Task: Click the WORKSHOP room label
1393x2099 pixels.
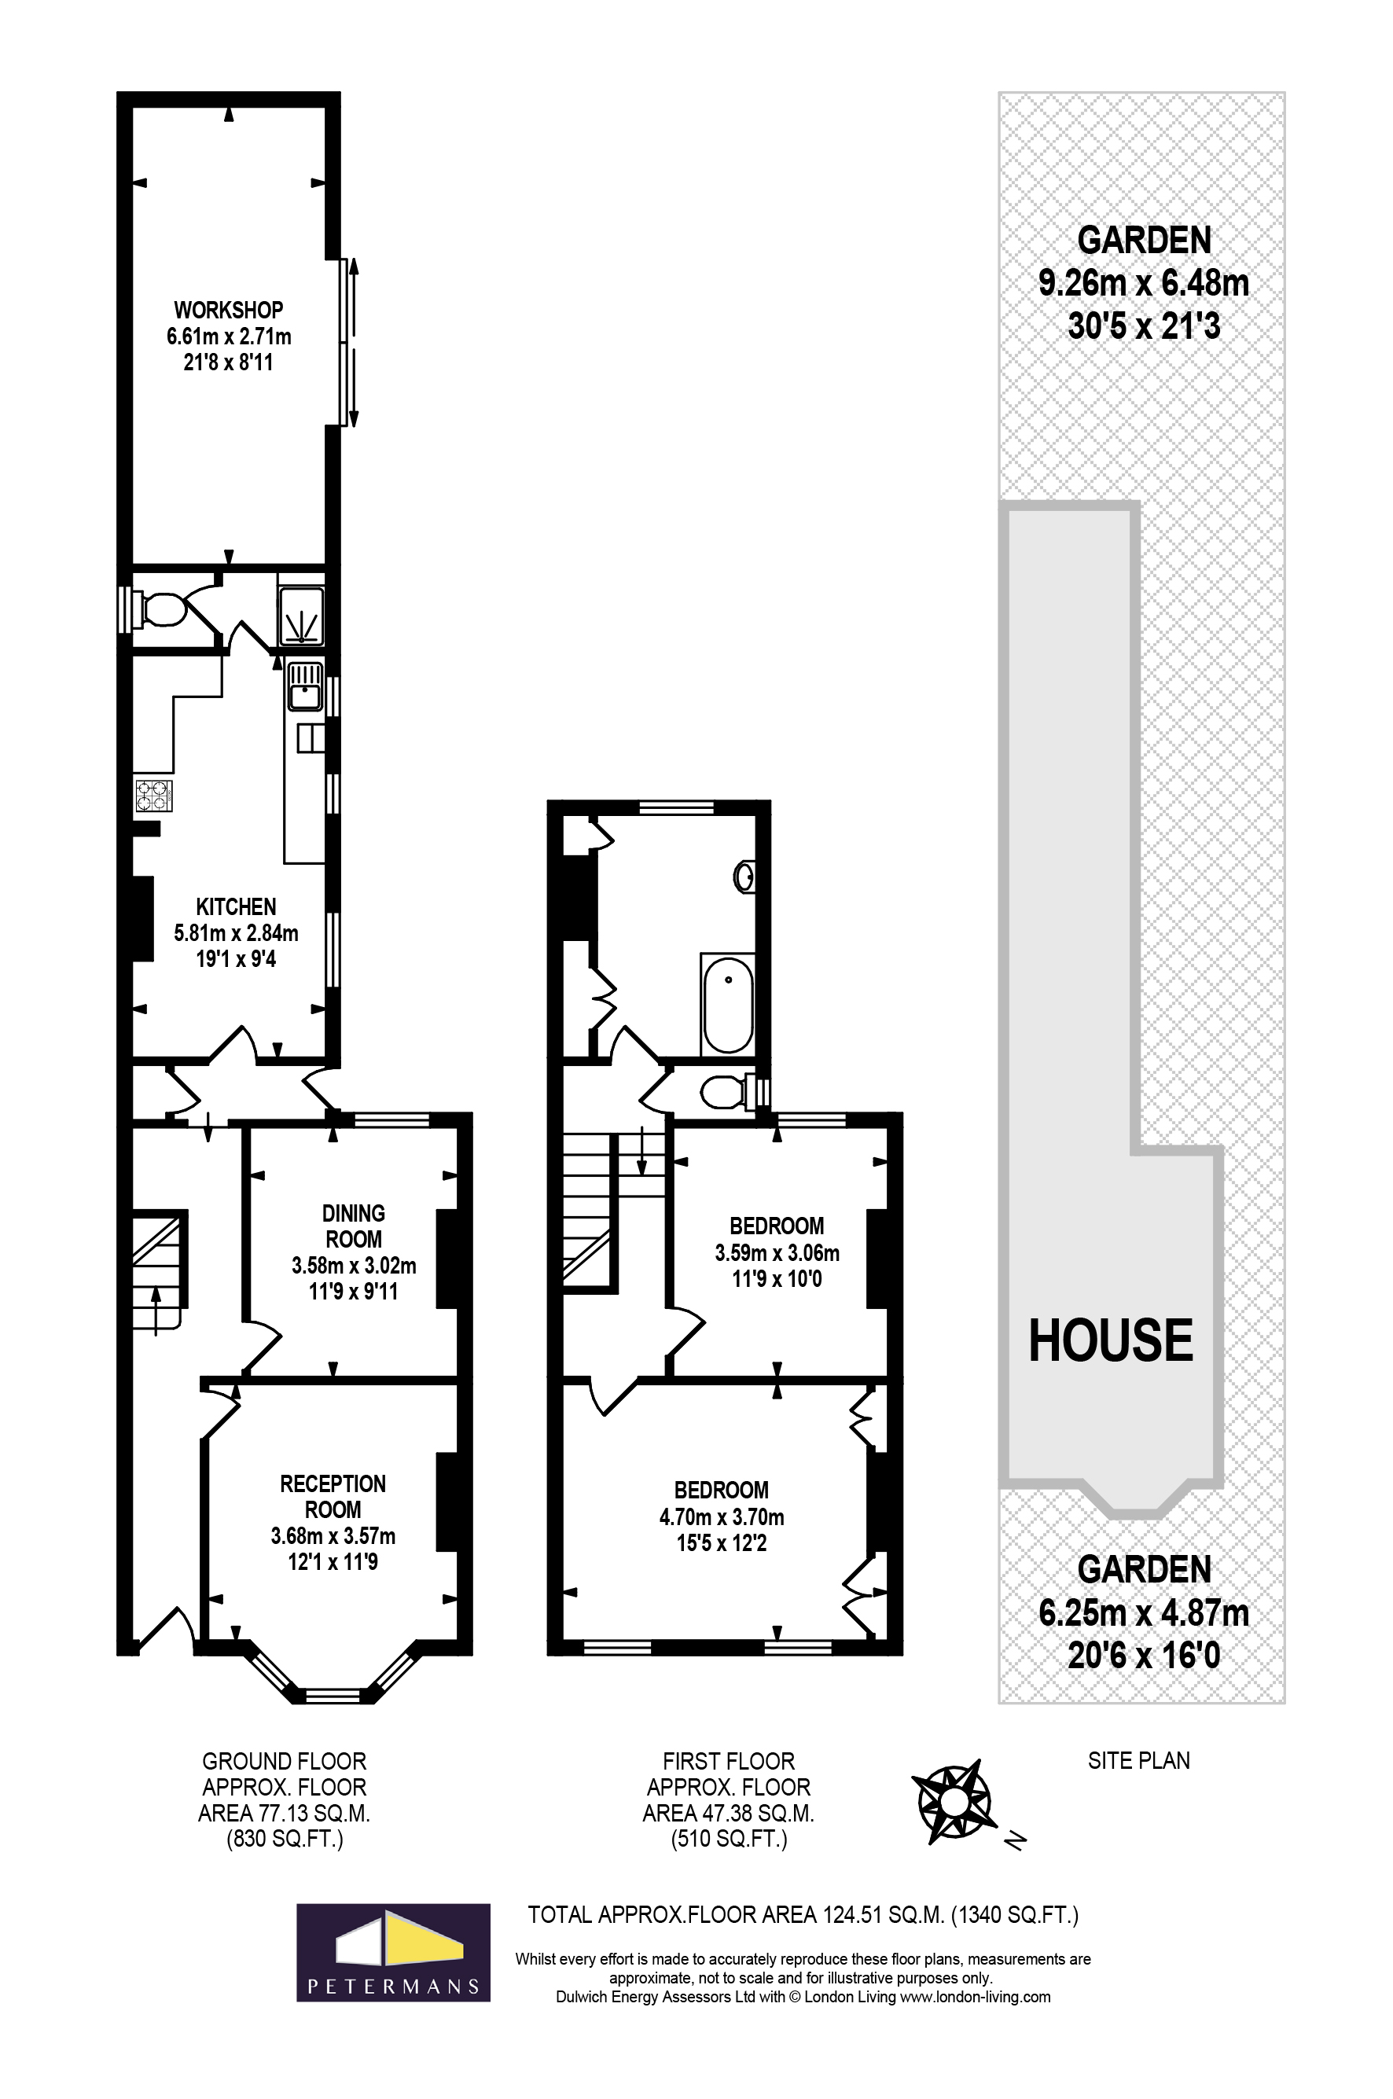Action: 228,310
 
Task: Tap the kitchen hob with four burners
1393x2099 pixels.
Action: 153,795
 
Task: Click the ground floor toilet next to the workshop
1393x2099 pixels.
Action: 162,610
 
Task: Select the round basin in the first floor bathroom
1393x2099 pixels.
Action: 744,877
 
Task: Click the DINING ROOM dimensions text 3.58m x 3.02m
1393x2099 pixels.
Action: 354,1265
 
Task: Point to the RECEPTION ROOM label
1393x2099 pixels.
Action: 333,1496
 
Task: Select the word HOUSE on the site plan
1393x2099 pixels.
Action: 1111,1340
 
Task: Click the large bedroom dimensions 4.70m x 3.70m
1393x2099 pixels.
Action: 722,1516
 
